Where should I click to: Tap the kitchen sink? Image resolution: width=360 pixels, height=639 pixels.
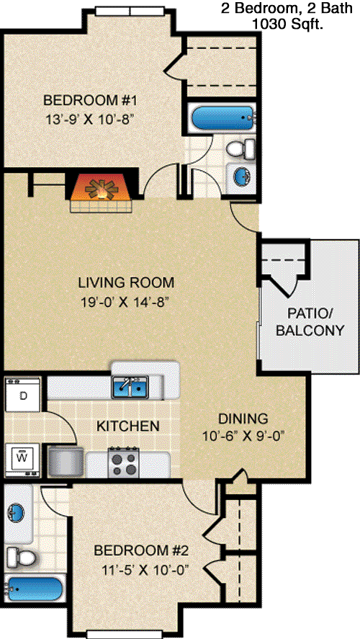coord(130,387)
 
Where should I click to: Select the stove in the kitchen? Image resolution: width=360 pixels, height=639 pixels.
coord(124,463)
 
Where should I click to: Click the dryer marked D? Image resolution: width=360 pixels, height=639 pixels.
coord(23,395)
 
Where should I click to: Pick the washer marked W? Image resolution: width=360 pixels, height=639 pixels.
coord(23,460)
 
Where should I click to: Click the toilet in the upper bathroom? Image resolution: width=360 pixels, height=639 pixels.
coord(240,148)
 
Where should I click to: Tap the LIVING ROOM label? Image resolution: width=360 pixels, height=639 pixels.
coord(126,282)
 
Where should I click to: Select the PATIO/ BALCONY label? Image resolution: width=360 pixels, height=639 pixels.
coord(310,321)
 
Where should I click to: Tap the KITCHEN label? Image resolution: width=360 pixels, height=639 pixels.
coord(128,426)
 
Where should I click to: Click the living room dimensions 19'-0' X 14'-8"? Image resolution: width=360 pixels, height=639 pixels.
coord(125,303)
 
